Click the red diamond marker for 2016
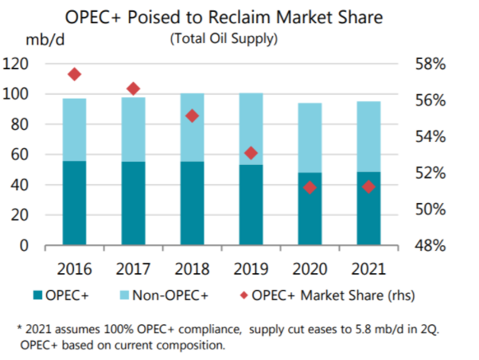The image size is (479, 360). point(75,74)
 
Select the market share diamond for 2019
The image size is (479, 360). point(251,153)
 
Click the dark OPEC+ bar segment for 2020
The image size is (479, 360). point(310,209)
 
